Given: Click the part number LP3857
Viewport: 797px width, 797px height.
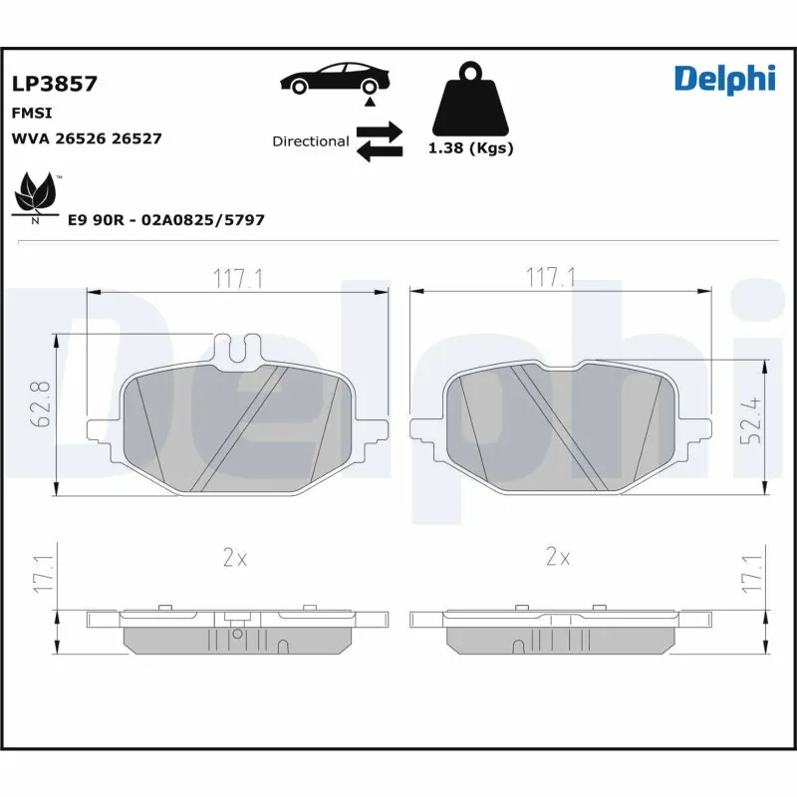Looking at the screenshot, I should point(54,85).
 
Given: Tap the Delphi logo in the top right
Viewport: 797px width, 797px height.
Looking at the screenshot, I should point(724,78).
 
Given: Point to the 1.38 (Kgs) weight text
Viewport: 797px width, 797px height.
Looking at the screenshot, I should point(469,148).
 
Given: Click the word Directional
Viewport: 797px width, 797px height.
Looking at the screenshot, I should point(310,141).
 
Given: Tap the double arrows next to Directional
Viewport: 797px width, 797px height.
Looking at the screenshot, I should point(379,141).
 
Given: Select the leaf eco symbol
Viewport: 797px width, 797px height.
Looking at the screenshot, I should point(37,195).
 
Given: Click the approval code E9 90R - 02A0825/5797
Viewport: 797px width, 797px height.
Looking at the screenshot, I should point(165,219).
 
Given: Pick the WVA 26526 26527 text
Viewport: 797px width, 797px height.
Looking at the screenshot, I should point(86,138).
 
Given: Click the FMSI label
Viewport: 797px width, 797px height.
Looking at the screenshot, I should point(31,113).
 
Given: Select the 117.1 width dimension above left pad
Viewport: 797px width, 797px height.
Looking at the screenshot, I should point(237,279).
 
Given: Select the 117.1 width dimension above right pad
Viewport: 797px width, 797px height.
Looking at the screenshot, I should point(550,279).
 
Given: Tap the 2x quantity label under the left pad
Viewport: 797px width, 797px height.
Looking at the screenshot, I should point(234,558).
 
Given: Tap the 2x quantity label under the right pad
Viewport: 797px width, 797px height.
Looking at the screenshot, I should point(558,558).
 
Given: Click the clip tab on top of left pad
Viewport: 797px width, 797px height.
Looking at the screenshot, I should point(237,349).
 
